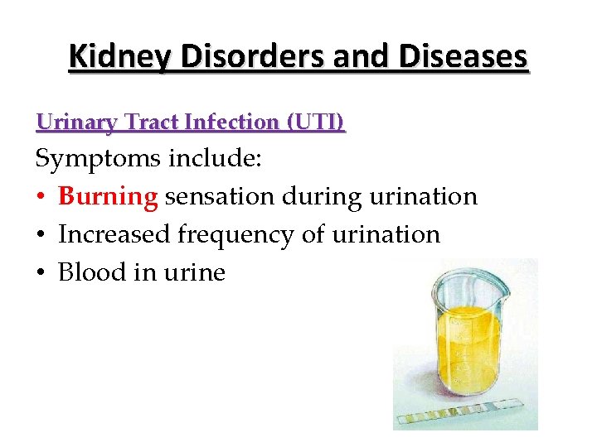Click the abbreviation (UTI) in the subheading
pos(315,123)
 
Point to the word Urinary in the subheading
pos(77,123)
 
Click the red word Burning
pos(108,197)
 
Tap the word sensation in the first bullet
pos(219,197)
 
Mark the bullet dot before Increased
pos(41,236)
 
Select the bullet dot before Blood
pos(41,273)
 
